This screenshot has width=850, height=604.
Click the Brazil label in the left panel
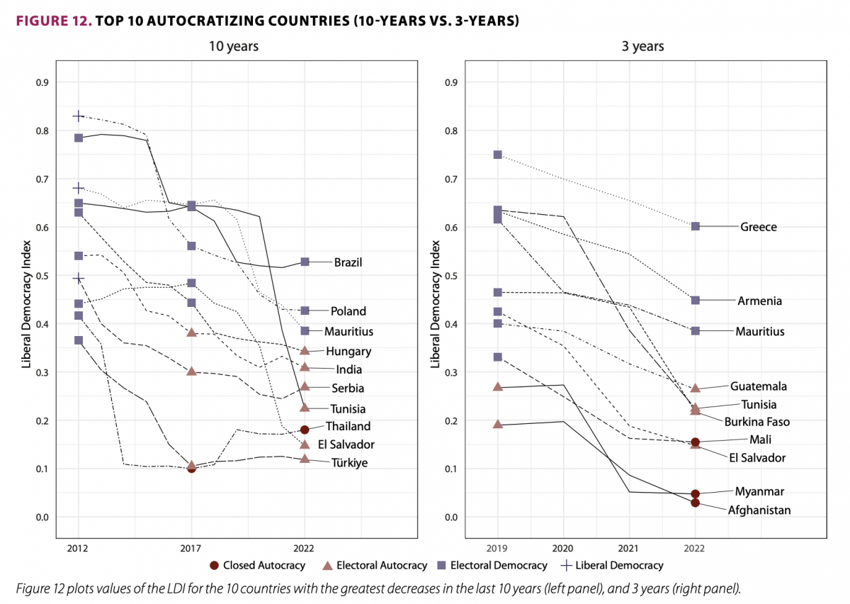coord(348,262)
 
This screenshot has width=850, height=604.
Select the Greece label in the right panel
coord(758,228)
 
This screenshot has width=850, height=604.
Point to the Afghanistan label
coord(759,510)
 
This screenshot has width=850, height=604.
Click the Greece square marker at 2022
coord(696,226)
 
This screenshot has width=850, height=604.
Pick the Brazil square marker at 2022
coord(305,262)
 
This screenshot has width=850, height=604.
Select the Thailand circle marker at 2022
coord(305,430)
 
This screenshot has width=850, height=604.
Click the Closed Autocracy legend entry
coord(257,566)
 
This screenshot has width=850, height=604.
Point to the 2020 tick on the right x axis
coord(563,548)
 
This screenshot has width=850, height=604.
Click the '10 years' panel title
coord(233,47)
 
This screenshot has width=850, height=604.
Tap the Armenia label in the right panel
coord(760,301)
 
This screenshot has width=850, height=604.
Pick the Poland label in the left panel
coord(348,311)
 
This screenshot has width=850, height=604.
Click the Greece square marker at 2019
coord(497,155)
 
